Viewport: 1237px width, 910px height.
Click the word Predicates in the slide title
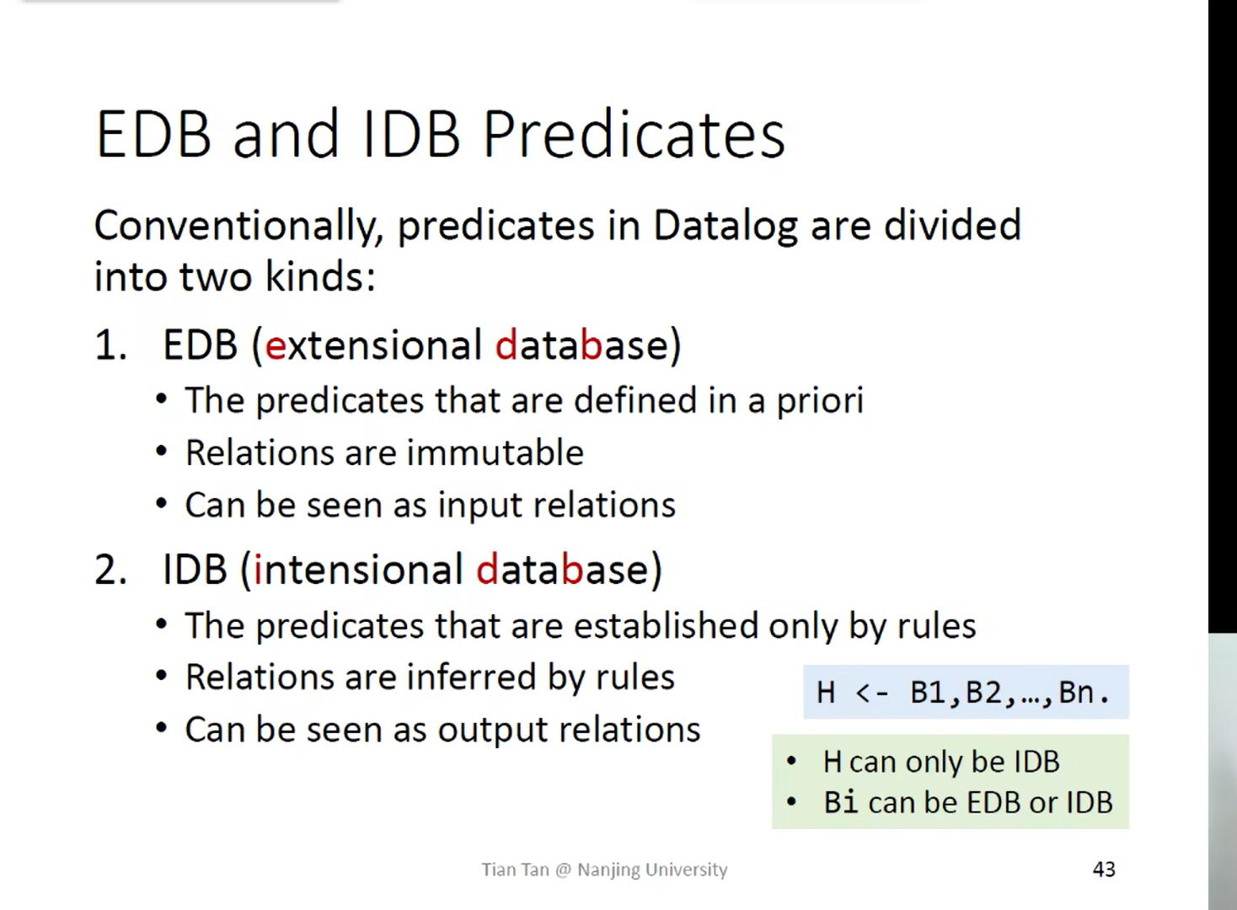coord(634,134)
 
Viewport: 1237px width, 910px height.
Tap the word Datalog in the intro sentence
coord(725,227)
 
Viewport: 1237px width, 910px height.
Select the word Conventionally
coord(238,227)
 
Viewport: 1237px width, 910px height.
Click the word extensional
coord(373,345)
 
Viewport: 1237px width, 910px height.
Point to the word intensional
coord(358,570)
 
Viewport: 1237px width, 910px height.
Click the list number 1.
coord(110,345)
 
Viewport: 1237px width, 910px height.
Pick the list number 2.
coord(110,570)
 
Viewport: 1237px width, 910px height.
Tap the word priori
coord(820,401)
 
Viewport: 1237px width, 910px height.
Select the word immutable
coord(495,452)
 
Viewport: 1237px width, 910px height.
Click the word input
coord(480,506)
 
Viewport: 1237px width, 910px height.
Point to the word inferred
coord(471,677)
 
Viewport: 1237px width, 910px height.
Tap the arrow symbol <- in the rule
coord(871,693)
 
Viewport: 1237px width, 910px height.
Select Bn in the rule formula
coord(1077,692)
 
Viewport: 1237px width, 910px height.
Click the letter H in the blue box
coord(826,692)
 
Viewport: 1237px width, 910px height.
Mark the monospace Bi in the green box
coord(841,802)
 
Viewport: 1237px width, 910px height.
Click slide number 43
coord(1104,870)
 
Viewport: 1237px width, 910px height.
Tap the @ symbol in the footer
coord(563,870)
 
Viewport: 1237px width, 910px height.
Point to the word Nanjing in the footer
coord(609,870)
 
